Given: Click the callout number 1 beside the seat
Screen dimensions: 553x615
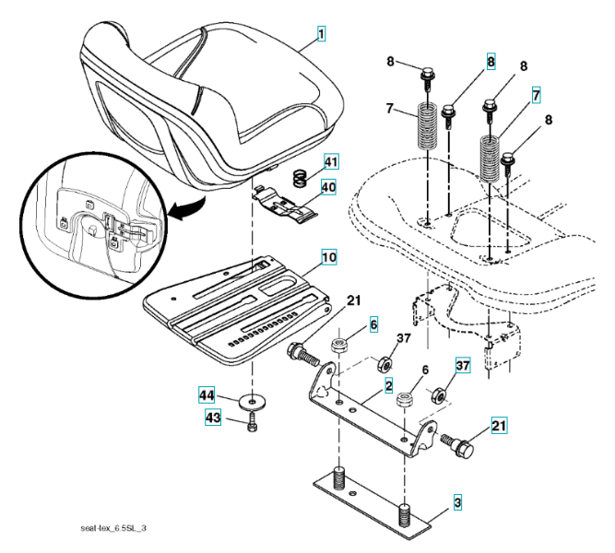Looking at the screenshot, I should [x=322, y=35].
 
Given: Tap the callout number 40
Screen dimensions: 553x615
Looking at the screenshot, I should [x=330, y=187].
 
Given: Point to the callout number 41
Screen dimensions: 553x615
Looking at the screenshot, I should [x=331, y=162].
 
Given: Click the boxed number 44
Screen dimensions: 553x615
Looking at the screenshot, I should [x=209, y=395].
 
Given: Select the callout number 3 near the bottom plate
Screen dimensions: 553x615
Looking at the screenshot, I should [x=456, y=503].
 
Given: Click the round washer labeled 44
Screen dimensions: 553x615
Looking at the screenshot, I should [x=249, y=402].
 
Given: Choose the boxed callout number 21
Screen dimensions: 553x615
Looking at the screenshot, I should [x=499, y=426].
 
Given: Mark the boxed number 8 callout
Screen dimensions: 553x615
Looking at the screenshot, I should [x=491, y=62].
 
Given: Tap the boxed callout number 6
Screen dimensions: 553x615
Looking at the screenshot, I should [x=374, y=324].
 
